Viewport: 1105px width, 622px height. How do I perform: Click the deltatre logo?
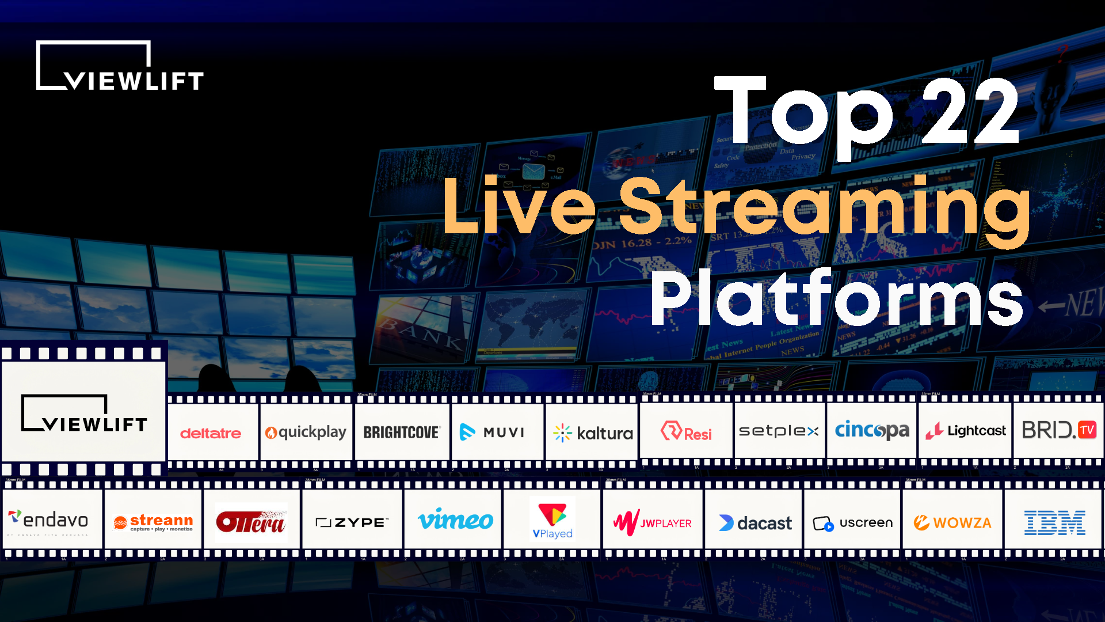click(x=211, y=433)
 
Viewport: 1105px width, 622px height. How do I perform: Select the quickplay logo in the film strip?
click(x=306, y=432)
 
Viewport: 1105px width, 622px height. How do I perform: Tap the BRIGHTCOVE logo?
click(x=402, y=432)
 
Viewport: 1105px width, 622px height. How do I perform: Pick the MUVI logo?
click(x=493, y=432)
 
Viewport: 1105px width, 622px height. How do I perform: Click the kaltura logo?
click(x=593, y=433)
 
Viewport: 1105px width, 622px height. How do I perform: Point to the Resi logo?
click(x=686, y=432)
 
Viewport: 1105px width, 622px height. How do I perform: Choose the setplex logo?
click(x=779, y=431)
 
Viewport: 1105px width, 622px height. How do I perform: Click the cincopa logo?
click(x=872, y=430)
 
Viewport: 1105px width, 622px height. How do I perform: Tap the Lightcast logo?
click(x=966, y=431)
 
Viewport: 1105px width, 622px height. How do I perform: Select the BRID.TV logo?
click(x=1059, y=430)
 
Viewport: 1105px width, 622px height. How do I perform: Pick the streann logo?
click(x=153, y=522)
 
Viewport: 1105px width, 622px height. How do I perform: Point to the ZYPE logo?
click(x=352, y=522)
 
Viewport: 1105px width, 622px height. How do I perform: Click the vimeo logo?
click(x=455, y=521)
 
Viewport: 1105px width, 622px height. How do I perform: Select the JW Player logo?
click(x=653, y=522)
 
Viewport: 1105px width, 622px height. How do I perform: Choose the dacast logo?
click(x=755, y=523)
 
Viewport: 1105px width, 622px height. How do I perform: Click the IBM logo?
click(x=1054, y=522)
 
